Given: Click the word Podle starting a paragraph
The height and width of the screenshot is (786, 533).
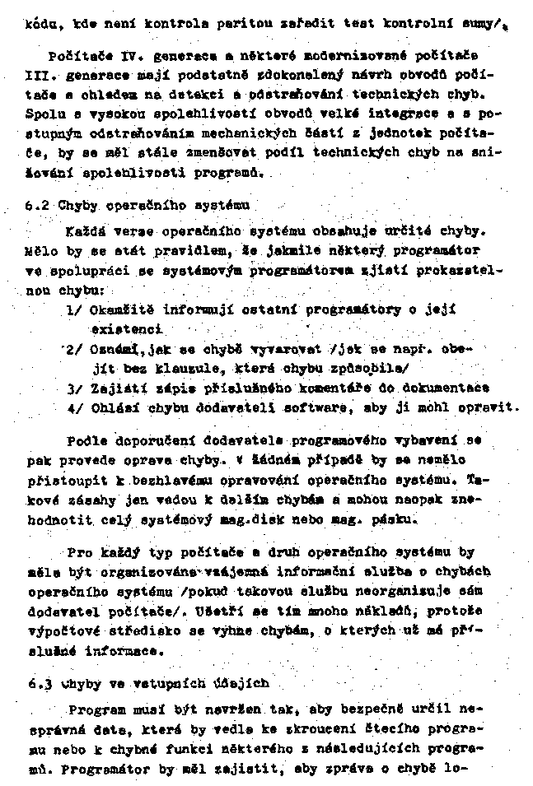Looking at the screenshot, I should (x=87, y=441).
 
